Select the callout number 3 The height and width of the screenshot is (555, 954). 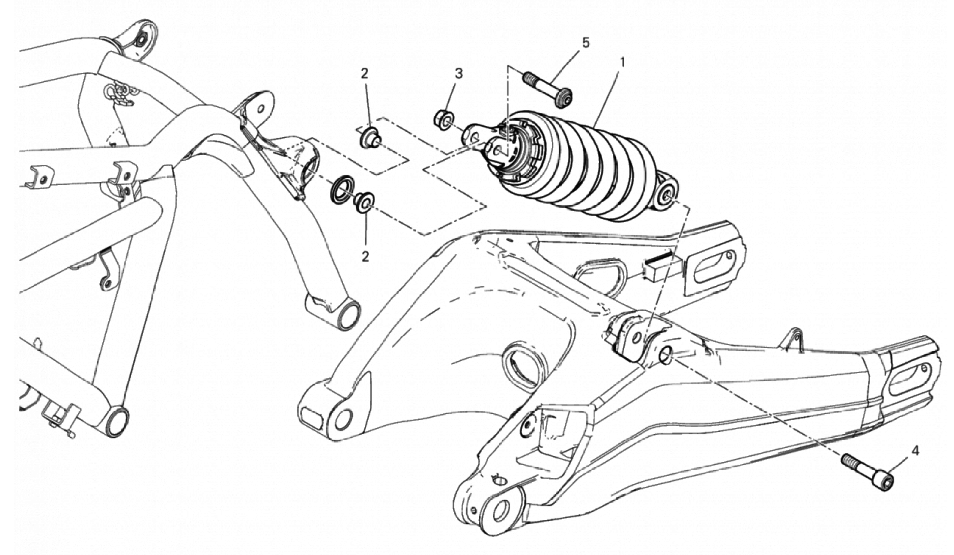pyautogui.click(x=458, y=74)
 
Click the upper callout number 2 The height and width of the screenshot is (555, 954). pyautogui.click(x=364, y=74)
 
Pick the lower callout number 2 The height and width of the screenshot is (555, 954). pyautogui.click(x=365, y=256)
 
